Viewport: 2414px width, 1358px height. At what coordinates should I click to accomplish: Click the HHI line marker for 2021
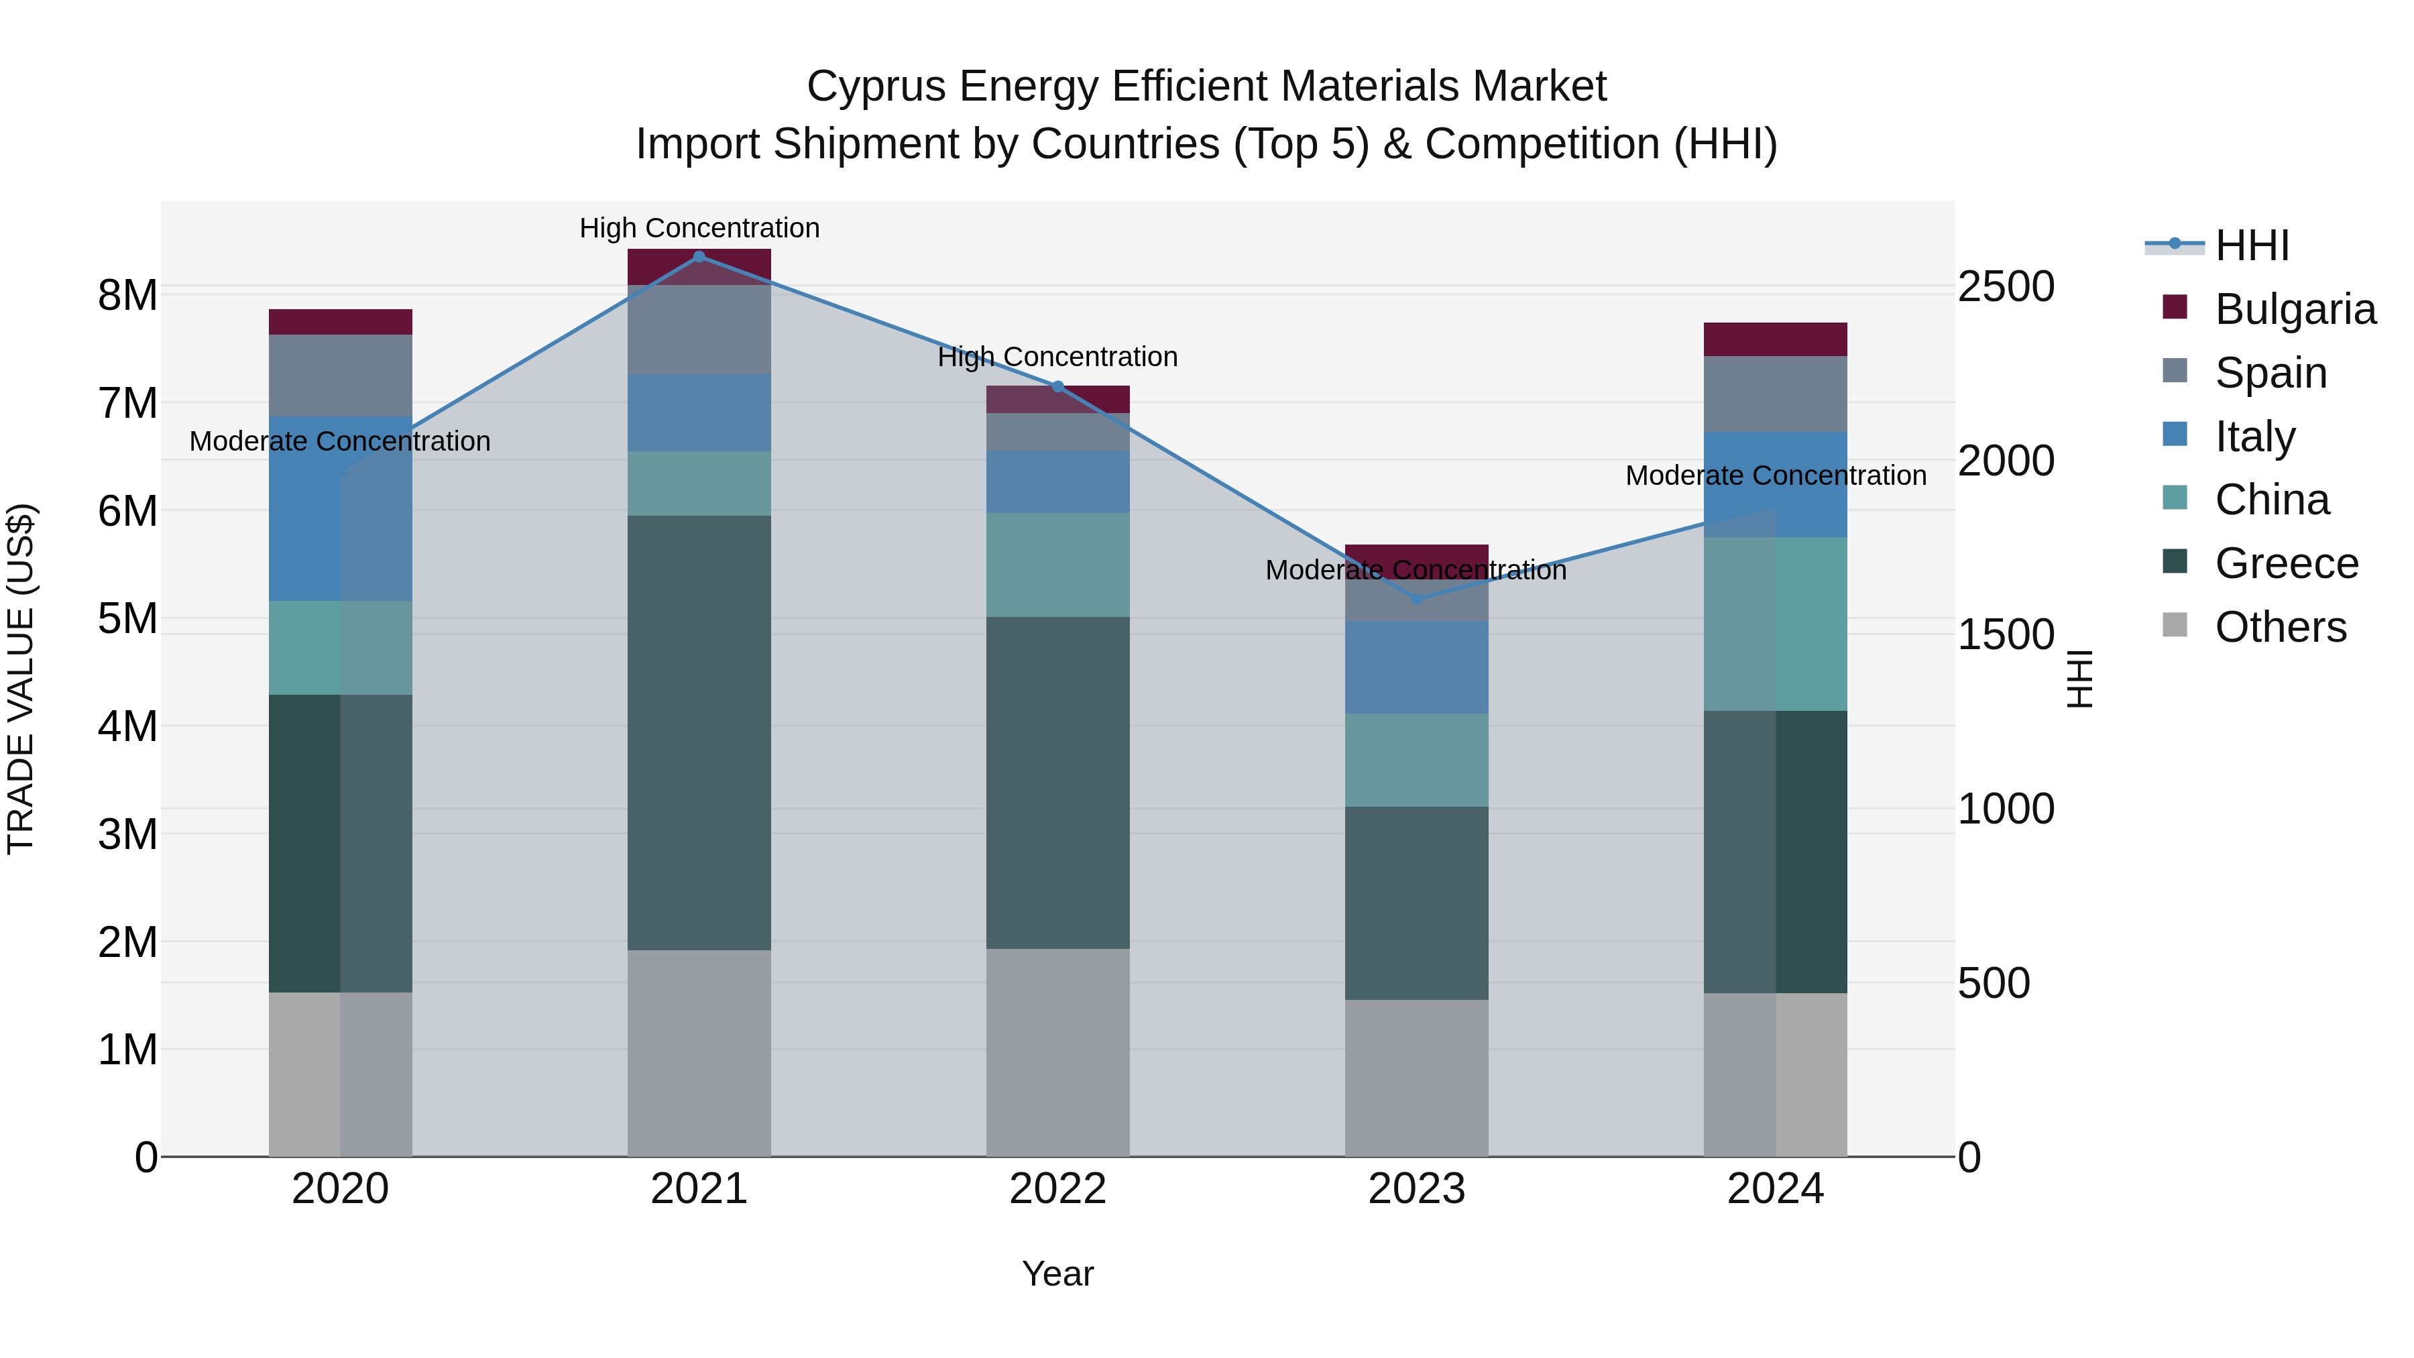699,257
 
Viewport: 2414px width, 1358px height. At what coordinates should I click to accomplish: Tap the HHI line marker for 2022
1058,386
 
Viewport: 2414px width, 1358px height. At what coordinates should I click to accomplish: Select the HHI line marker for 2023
1417,599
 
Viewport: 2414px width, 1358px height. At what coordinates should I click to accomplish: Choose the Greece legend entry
2286,563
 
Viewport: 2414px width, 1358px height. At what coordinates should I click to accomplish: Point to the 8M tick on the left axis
127,295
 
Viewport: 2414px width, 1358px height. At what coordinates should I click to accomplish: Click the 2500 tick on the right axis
2006,287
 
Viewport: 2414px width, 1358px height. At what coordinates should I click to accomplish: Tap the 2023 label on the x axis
1417,1189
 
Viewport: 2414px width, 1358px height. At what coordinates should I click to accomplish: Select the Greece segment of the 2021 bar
699,732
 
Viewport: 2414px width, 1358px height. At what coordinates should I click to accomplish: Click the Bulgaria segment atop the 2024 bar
1775,339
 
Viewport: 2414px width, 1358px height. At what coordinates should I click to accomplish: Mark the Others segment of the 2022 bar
1058,1052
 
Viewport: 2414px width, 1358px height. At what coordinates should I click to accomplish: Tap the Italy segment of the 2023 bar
1417,667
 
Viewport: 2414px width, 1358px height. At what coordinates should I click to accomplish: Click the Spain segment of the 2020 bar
340,375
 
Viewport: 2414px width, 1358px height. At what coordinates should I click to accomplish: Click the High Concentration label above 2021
699,228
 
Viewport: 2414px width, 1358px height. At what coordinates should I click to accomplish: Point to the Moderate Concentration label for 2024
1775,475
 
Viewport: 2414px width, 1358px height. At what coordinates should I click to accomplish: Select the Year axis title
1058,1274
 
